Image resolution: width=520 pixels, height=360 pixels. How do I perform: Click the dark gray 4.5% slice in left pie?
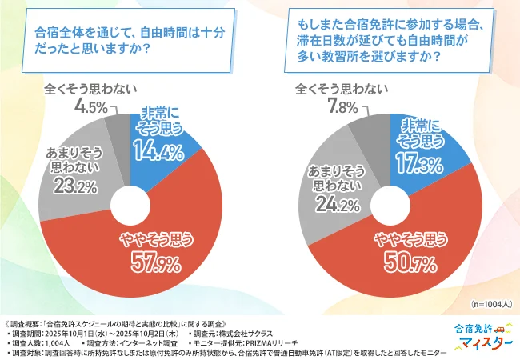118,128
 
